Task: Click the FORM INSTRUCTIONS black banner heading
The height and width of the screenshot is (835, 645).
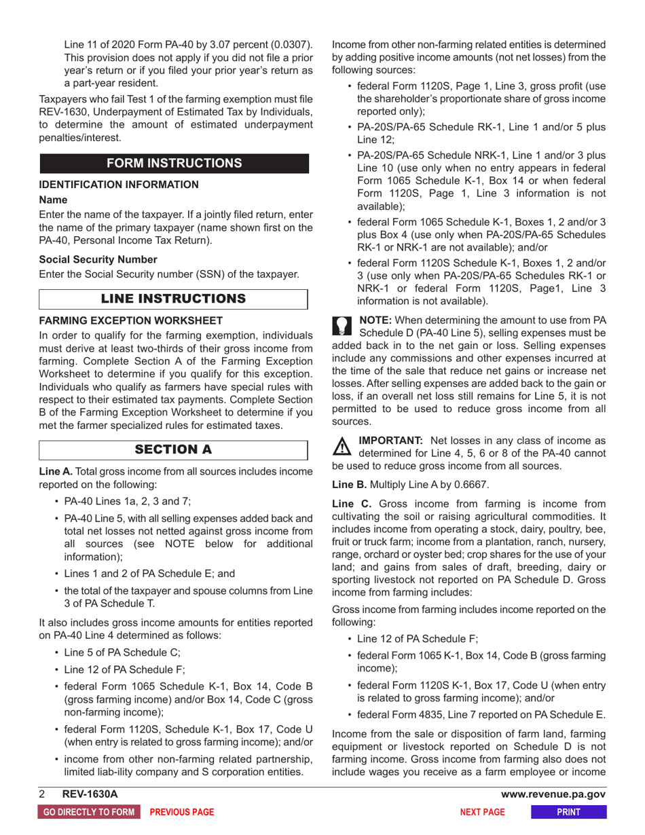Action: [174, 164]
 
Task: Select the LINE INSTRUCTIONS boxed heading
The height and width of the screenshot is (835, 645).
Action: [174, 299]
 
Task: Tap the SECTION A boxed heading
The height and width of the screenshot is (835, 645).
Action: [174, 449]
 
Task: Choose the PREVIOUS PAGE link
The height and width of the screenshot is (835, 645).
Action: [181, 812]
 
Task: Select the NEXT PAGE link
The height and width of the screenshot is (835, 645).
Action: [482, 812]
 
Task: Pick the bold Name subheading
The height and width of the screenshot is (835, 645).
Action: [52, 202]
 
